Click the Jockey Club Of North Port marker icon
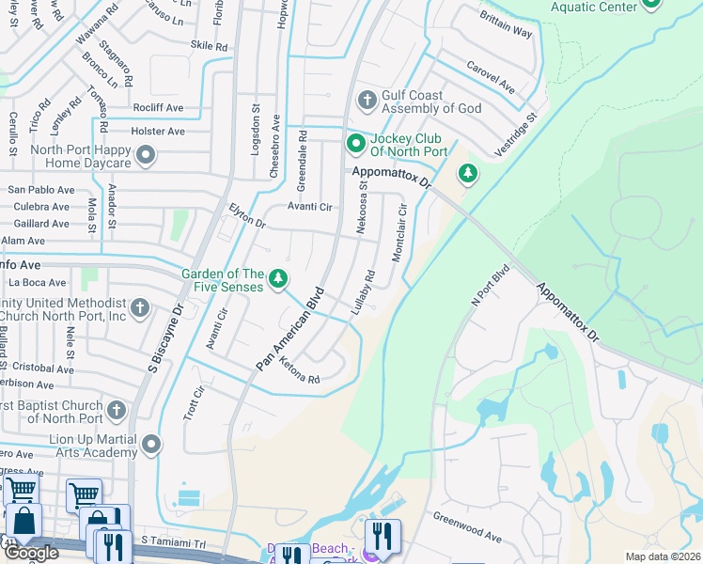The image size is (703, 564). [356, 144]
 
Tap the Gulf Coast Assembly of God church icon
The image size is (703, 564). [367, 100]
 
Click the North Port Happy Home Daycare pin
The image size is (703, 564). [146, 156]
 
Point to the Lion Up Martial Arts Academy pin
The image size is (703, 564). [151, 444]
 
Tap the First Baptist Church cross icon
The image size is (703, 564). [117, 410]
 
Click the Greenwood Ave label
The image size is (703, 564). [467, 527]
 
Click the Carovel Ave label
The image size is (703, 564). [491, 78]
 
